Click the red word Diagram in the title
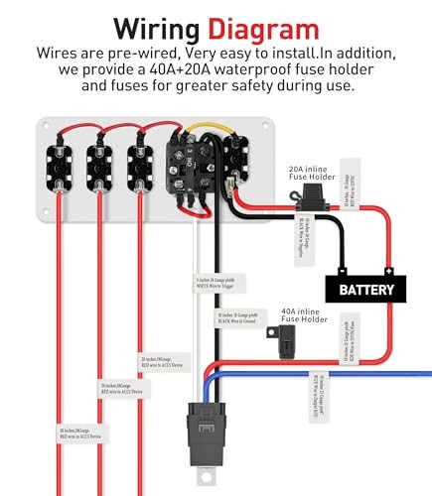[x=264, y=26]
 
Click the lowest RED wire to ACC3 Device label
[x=82, y=434]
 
